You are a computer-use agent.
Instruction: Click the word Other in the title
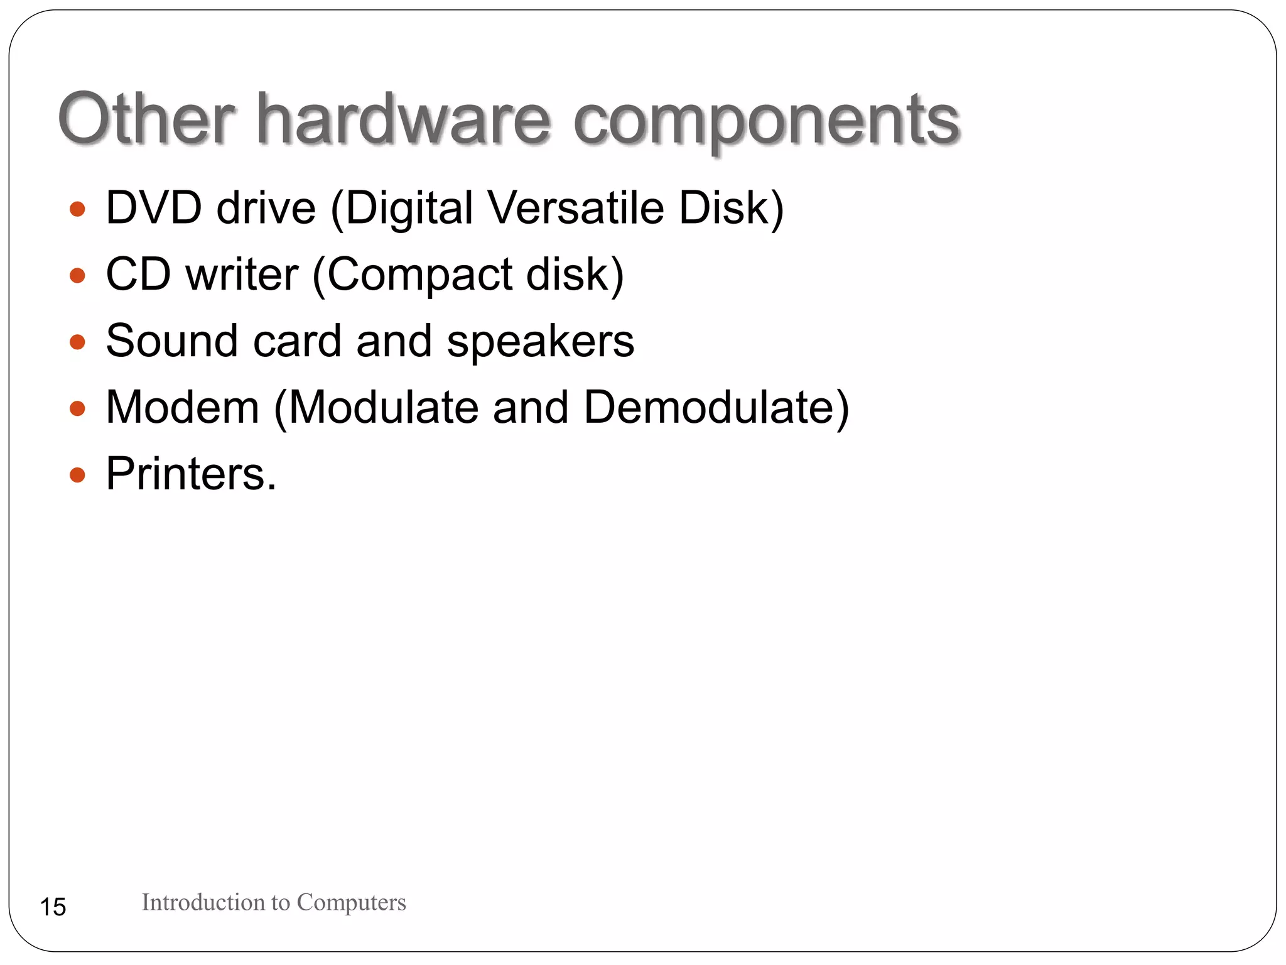[146, 118]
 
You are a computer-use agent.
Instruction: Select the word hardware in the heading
[403, 118]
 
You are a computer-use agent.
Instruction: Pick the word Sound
[172, 341]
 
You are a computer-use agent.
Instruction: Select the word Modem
[182, 407]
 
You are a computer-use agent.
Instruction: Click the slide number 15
[53, 907]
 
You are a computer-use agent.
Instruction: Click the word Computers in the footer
[351, 902]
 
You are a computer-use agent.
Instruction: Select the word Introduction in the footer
[203, 902]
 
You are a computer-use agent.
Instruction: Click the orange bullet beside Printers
[77, 475]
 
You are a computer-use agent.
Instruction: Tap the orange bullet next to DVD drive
[77, 209]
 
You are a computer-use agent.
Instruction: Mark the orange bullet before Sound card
[77, 342]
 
